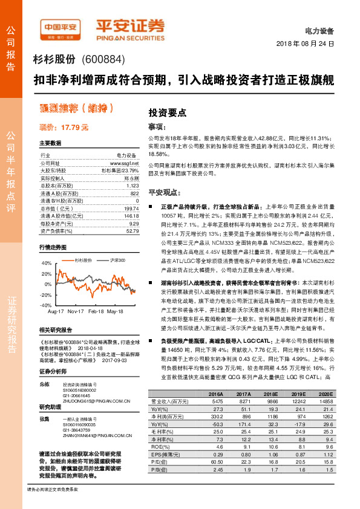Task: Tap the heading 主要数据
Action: (50, 143)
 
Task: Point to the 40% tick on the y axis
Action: (47, 264)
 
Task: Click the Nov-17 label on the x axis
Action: (76, 310)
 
